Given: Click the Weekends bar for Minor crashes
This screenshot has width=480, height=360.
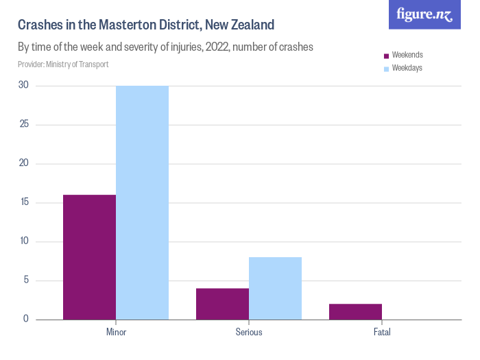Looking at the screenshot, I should click(x=89, y=257).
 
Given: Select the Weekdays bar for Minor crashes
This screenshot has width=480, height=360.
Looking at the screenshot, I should click(x=142, y=202).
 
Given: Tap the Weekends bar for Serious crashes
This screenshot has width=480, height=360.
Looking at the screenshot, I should click(x=222, y=304).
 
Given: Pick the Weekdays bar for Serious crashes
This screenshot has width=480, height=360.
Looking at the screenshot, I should click(x=275, y=288).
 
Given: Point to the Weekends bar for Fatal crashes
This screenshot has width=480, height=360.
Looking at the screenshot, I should click(x=355, y=311).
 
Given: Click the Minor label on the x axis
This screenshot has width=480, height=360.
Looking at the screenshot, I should click(x=116, y=333).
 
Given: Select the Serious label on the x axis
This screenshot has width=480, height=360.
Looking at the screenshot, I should click(x=249, y=333).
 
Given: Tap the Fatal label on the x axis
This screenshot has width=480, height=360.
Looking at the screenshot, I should click(x=382, y=333).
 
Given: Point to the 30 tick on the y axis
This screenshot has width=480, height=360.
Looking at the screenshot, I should click(x=23, y=86).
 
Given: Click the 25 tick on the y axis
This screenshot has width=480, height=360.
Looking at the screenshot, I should click(x=23, y=125).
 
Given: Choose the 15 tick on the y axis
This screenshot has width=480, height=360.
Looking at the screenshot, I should click(x=23, y=202).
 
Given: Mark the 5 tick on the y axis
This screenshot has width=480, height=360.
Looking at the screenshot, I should click(x=25, y=280).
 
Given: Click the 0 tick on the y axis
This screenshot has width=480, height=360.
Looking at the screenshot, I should click(x=25, y=319).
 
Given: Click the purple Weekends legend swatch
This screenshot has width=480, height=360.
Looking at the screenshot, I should click(x=387, y=56).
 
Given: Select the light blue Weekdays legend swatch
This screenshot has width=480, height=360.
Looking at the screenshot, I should click(x=387, y=69).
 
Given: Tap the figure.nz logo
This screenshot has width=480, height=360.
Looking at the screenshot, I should click(x=425, y=14).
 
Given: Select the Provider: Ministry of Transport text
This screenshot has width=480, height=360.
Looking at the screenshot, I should click(x=63, y=64).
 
